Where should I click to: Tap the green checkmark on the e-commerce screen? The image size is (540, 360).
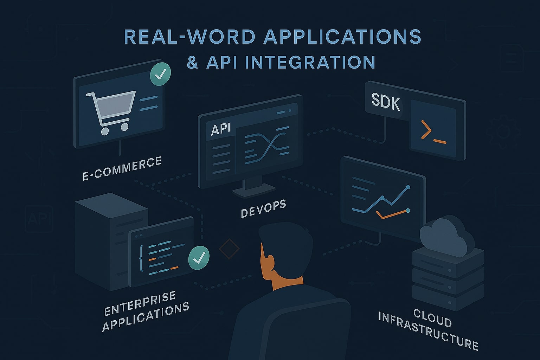point(160,74)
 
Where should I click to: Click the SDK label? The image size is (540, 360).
point(386,102)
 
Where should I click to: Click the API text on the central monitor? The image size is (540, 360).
point(220,129)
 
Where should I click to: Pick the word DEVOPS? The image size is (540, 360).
point(263,208)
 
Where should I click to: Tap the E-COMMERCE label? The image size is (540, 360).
point(122,169)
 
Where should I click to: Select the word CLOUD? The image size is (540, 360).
point(432,318)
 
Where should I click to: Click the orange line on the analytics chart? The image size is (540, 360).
point(392,213)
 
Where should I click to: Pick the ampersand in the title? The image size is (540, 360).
point(192,62)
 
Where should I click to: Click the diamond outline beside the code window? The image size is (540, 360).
point(229,249)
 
